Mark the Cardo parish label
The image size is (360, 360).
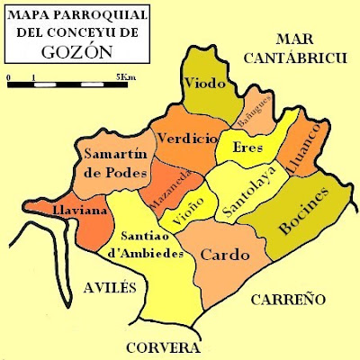(x=223, y=255)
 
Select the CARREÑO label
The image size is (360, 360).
(x=286, y=300)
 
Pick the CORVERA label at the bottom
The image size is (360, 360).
(x=163, y=347)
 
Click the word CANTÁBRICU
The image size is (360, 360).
(x=298, y=58)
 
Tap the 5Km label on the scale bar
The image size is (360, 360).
(x=127, y=78)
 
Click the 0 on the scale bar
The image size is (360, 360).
(x=8, y=78)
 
